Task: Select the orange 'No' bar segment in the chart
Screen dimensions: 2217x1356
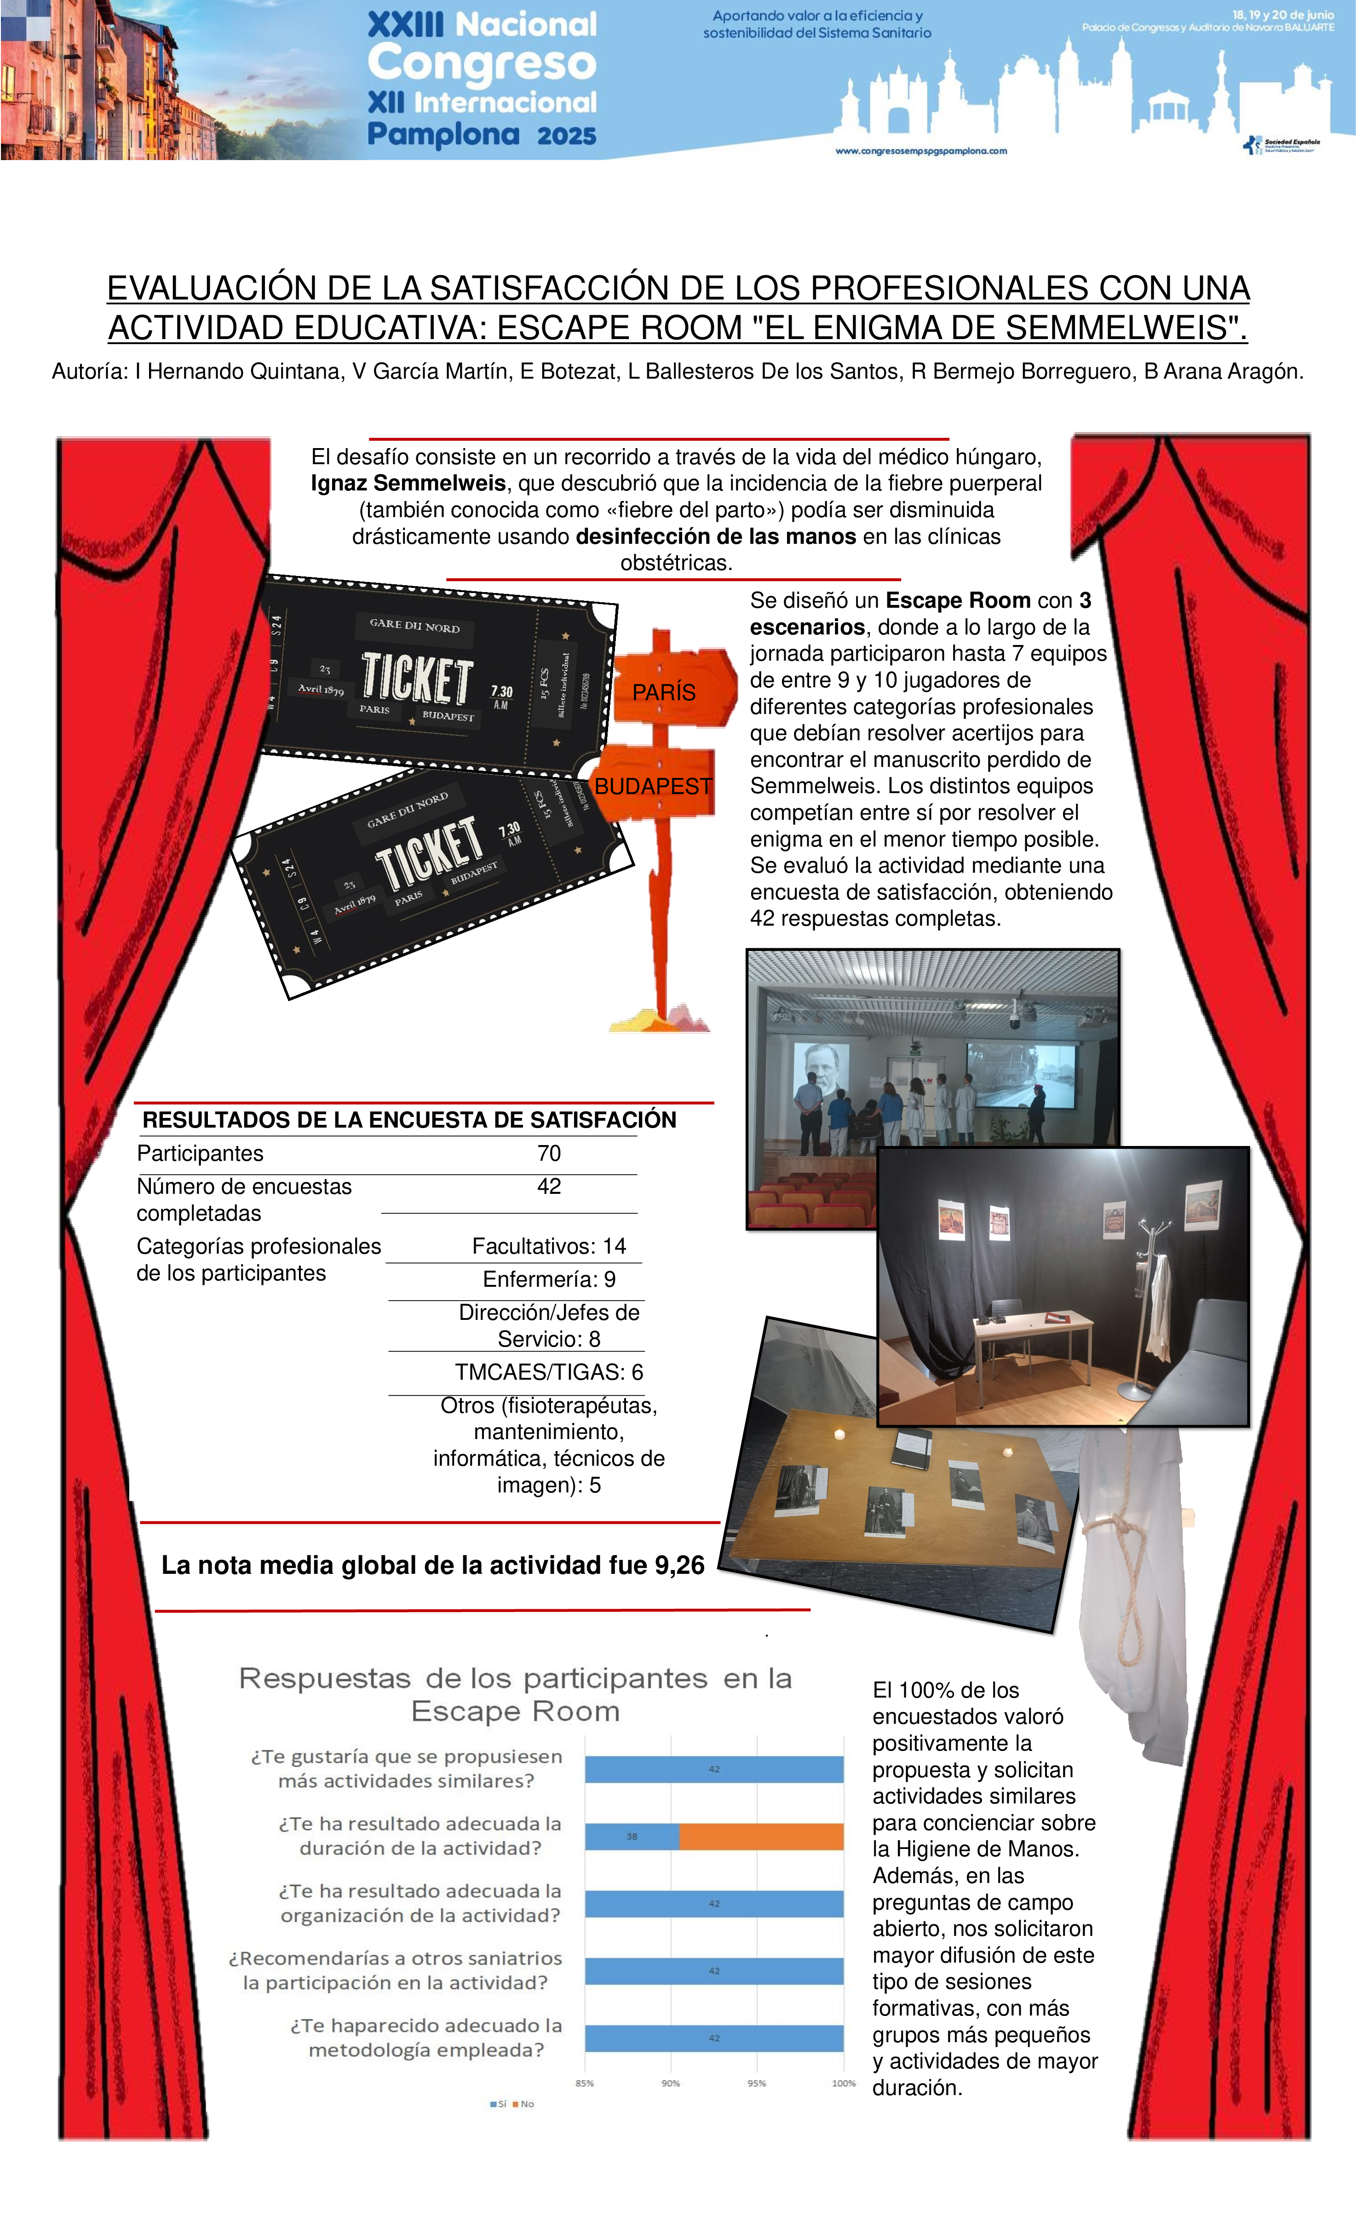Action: coord(761,1837)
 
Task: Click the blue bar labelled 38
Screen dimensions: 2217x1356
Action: coord(632,1837)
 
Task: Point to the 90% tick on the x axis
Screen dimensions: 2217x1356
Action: coord(670,2083)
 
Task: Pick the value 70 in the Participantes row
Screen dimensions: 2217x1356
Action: coord(549,1153)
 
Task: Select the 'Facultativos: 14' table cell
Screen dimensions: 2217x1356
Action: coord(549,1246)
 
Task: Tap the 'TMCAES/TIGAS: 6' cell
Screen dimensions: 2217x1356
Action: coord(549,1372)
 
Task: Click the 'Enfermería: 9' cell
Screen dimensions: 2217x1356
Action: coord(549,1279)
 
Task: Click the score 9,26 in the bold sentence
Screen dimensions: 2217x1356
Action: coord(679,1566)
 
